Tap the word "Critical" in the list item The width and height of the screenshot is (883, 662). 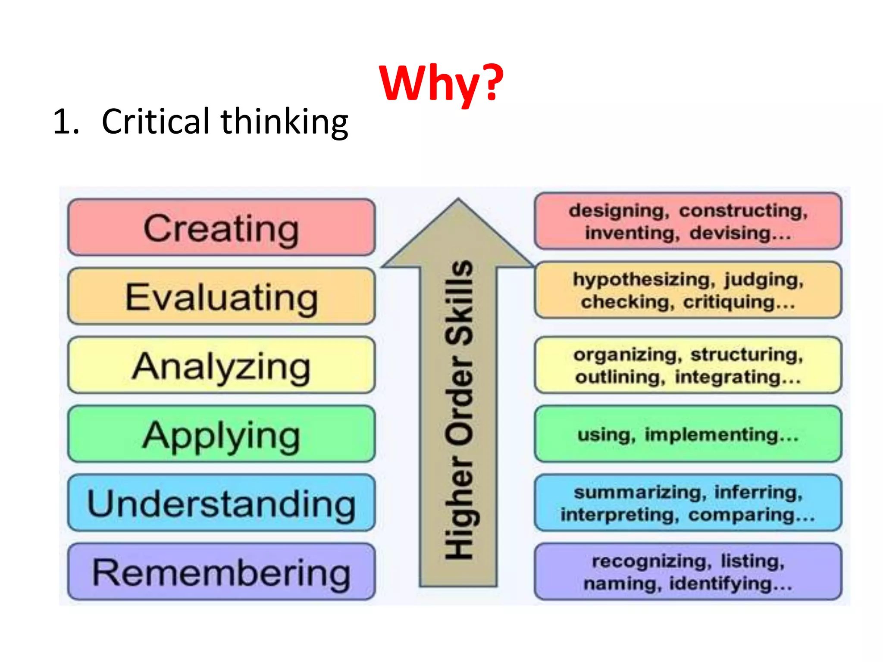[155, 122]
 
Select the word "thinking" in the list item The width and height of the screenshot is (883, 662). [284, 122]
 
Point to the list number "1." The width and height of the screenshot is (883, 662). [66, 122]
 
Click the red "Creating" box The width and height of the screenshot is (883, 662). [221, 228]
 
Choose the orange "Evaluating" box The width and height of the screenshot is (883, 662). [221, 297]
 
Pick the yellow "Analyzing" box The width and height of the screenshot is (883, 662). [221, 365]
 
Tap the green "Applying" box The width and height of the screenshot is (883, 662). [221, 434]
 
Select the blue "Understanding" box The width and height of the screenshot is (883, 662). [221, 503]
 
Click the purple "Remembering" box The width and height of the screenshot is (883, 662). [221, 572]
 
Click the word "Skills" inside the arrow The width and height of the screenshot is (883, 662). [459, 302]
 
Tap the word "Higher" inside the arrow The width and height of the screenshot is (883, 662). [459, 509]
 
